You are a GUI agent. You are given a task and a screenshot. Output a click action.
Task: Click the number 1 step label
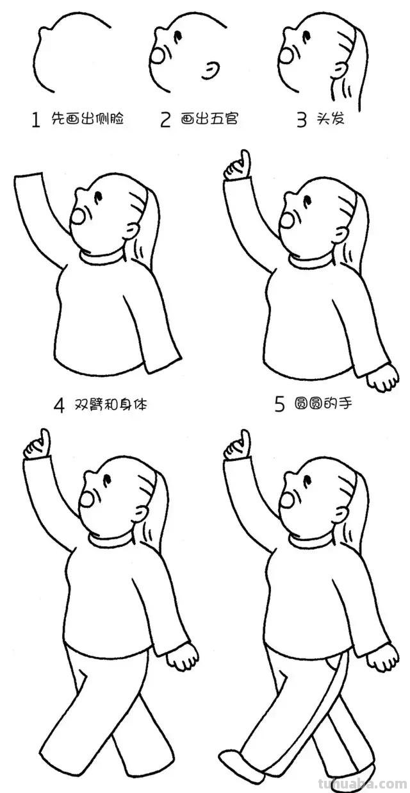click(x=36, y=120)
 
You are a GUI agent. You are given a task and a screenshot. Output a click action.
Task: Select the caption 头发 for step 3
click(x=330, y=119)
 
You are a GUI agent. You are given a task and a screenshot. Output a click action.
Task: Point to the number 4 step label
click(x=59, y=405)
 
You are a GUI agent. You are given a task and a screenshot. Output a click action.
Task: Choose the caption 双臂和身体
click(x=113, y=405)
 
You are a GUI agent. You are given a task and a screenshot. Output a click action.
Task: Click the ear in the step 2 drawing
click(x=210, y=71)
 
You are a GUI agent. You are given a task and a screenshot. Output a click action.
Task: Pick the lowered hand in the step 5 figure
click(x=383, y=379)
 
